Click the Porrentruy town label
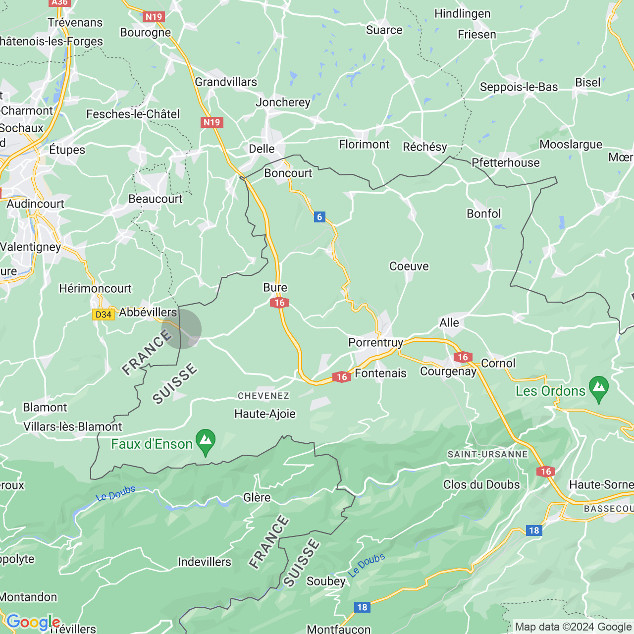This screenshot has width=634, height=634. [375, 342]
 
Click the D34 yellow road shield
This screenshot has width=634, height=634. [103, 315]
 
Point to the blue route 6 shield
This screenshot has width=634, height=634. [319, 217]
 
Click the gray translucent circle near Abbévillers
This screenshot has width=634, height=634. [182, 329]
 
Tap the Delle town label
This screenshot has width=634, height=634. [262, 149]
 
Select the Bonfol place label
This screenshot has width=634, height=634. [484, 213]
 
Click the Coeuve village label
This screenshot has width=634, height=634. [409, 266]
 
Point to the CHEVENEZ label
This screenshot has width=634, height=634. [264, 396]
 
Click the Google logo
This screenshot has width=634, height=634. [33, 622]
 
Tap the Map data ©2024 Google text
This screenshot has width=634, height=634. [573, 627]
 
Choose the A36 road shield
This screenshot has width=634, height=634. [59, 2]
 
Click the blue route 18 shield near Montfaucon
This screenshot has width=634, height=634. [362, 607]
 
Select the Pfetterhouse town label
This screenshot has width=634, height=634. [506, 162]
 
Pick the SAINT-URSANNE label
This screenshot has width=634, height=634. [488, 454]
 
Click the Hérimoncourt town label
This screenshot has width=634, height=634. [95, 288]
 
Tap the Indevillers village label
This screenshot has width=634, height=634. [205, 562]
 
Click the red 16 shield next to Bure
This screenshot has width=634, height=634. [279, 303]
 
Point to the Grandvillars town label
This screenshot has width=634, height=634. [226, 82]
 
